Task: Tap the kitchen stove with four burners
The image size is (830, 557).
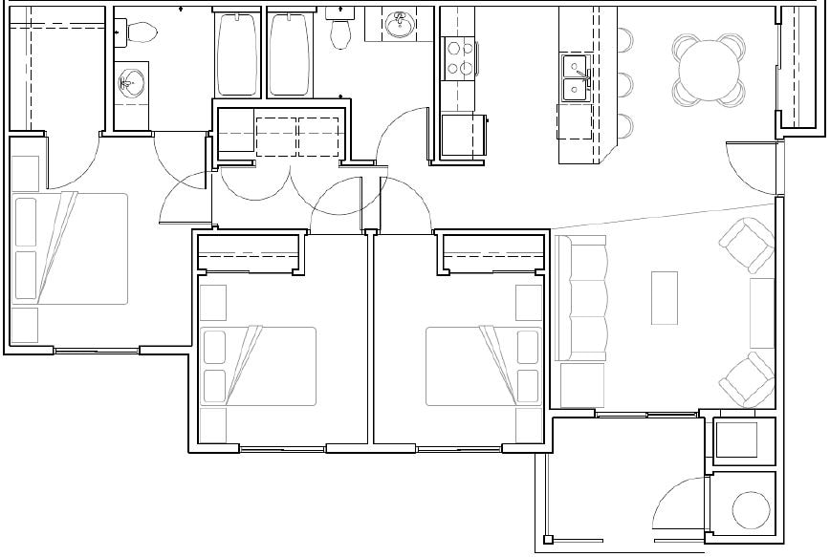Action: coord(461,57)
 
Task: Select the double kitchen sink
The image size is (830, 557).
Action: coord(575,77)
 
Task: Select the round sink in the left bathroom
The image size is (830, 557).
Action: coord(131,83)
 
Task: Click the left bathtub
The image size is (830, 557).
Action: coord(238,54)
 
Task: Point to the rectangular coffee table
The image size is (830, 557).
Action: coord(664,298)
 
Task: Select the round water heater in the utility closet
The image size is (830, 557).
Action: coord(751,510)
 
